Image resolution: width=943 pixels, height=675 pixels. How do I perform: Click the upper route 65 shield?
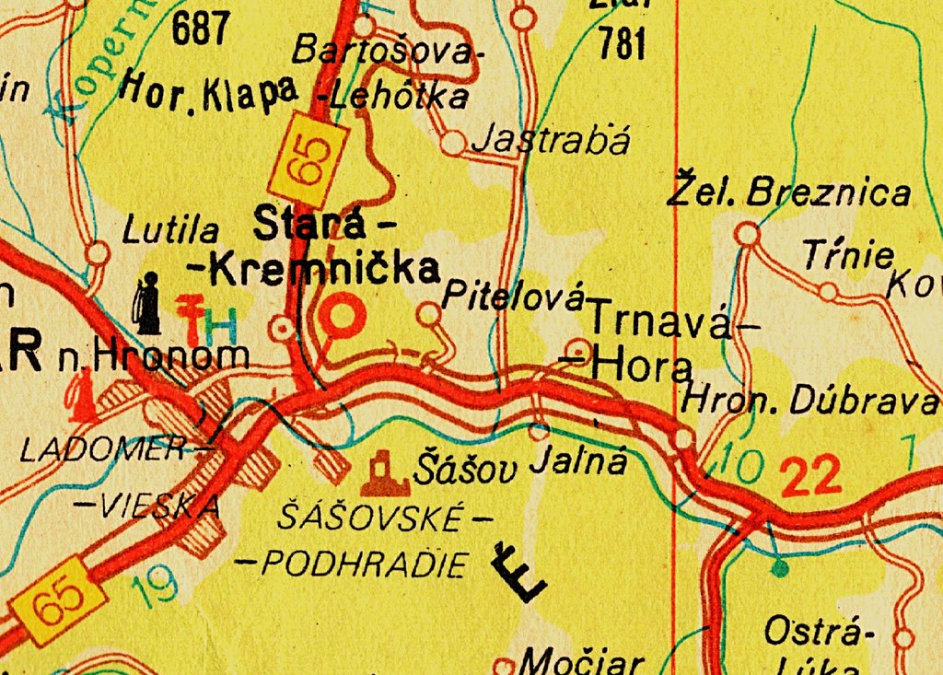coord(308,162)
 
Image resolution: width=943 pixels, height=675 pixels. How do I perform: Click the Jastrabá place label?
coord(551,141)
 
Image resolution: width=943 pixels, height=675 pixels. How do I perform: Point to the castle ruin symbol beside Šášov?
coord(385,472)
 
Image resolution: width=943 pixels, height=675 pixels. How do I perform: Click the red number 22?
coord(810,477)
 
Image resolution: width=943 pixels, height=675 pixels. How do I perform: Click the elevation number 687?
coord(199,29)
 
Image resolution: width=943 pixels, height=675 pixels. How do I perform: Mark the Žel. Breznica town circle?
coord(748,235)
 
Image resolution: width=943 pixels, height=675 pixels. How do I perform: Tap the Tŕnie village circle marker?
coord(828,292)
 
